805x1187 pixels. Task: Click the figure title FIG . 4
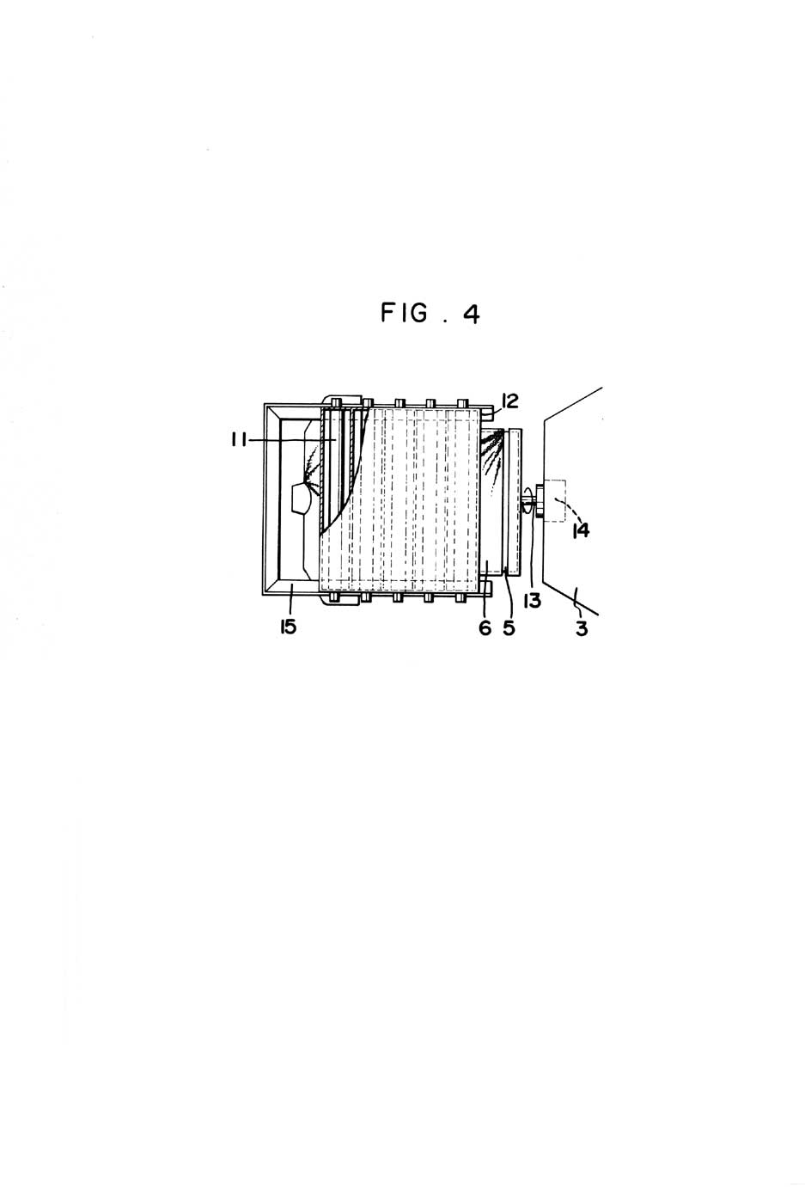point(430,314)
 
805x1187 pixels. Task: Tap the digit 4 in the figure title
point(472,315)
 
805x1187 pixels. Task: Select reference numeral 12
point(509,401)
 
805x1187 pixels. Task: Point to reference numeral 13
point(533,601)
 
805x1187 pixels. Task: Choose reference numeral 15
point(288,627)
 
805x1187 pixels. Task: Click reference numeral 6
point(485,628)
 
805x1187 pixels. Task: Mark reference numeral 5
point(509,628)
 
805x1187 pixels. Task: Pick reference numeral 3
point(582,629)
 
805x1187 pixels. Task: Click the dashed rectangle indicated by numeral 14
point(554,501)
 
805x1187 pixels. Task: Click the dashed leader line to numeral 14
point(565,505)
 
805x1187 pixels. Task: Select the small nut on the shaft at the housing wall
point(540,500)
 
